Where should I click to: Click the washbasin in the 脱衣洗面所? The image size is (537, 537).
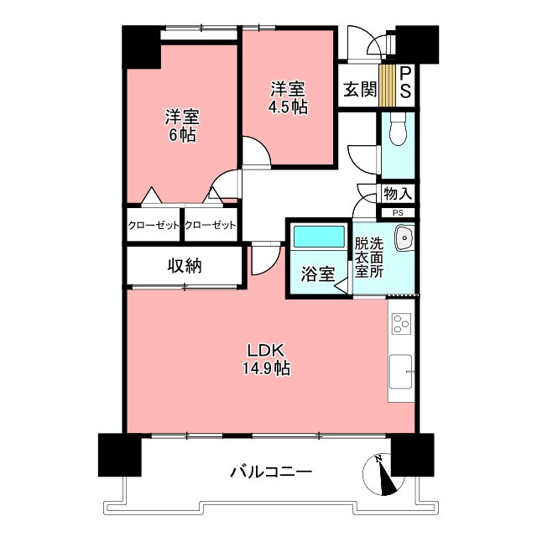pyautogui.click(x=404, y=239)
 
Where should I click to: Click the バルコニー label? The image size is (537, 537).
pyautogui.click(x=271, y=472)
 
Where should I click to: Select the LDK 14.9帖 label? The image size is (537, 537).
pyautogui.click(x=268, y=359)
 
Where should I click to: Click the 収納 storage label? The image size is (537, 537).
pyautogui.click(x=184, y=267)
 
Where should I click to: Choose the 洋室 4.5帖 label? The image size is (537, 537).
pyautogui.click(x=287, y=97)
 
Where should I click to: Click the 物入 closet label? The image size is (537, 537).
pyautogui.click(x=397, y=194)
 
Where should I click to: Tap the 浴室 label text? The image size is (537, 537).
pyautogui.click(x=318, y=274)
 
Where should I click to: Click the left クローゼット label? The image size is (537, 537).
pyautogui.click(x=154, y=225)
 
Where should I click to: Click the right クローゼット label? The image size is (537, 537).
pyautogui.click(x=210, y=225)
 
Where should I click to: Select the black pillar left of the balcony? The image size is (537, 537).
pyautogui.click(x=118, y=456)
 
